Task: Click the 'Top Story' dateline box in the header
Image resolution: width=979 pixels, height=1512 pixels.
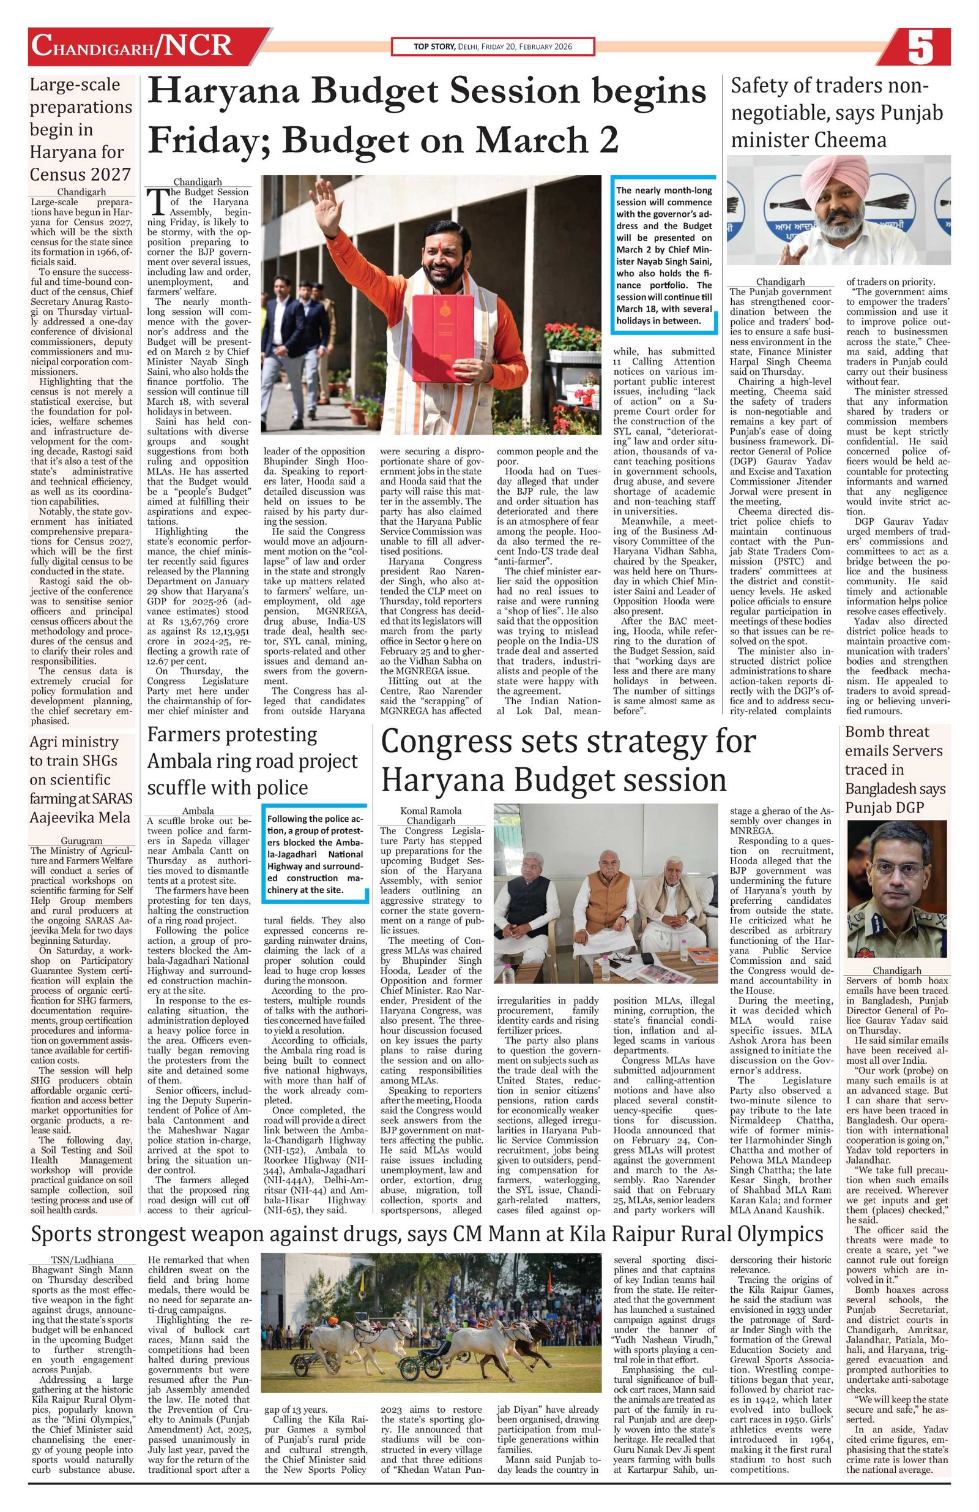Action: coord(493,47)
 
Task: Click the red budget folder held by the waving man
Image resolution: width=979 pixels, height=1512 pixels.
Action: coord(440,329)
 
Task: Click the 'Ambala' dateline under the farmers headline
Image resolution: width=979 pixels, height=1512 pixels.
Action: coord(198,811)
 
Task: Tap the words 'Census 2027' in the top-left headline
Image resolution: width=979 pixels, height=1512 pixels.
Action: coord(81,173)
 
